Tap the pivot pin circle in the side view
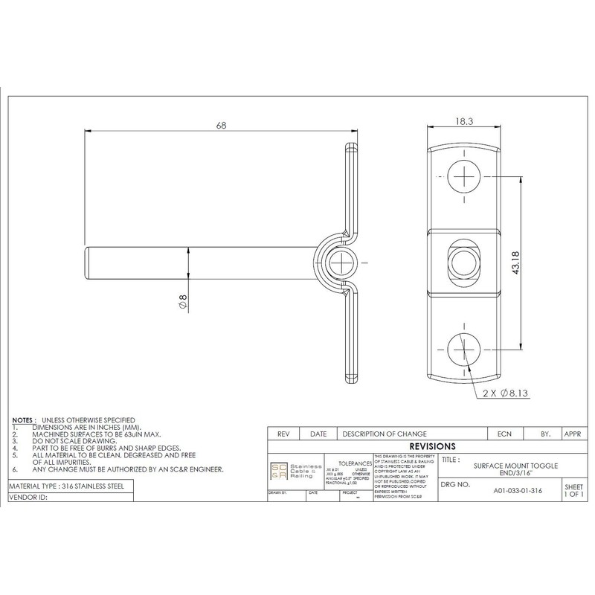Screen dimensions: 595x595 (x=343, y=263)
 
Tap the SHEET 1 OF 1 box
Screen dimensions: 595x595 (x=573, y=489)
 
